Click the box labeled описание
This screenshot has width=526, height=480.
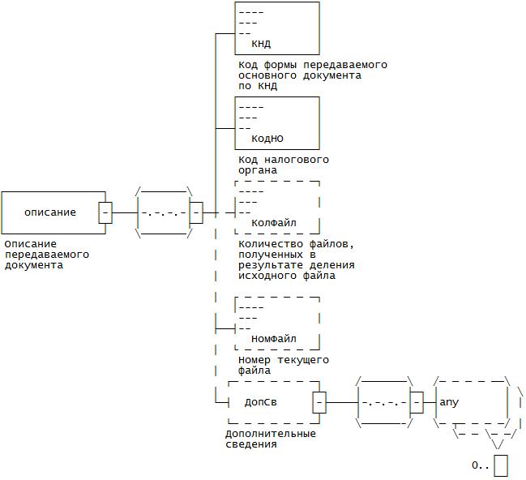50,212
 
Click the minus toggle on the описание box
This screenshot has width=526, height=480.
105,212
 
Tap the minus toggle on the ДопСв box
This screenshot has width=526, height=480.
320,401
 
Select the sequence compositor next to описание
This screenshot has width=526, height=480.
162,212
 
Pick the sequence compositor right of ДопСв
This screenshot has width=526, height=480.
383,401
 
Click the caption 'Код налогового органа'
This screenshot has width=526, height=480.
283,165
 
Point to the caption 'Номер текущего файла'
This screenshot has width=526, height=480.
283,365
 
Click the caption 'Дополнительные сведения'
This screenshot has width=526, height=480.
270,439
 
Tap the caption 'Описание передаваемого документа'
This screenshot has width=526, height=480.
47,254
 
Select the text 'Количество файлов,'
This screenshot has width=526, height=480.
297,243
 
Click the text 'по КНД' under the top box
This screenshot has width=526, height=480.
258,85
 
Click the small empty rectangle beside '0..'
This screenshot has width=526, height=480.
501,465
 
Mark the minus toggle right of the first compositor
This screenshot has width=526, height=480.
196,212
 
